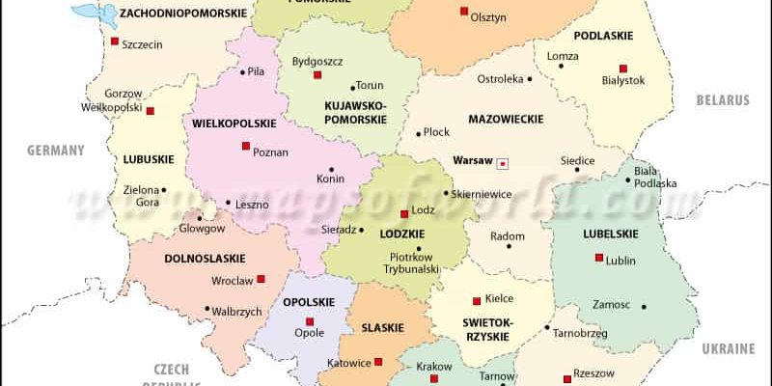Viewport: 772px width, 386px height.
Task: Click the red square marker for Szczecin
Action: click(x=115, y=41)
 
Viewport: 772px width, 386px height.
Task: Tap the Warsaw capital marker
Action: click(x=502, y=163)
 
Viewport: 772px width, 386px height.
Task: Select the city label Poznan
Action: click(x=270, y=152)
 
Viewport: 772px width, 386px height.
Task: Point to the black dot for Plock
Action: click(x=418, y=133)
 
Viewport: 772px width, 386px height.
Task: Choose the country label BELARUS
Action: click(x=725, y=99)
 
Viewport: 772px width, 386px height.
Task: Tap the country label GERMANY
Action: click(x=56, y=150)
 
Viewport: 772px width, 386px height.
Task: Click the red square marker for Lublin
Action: click(x=599, y=257)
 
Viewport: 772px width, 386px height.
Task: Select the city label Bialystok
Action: click(x=622, y=81)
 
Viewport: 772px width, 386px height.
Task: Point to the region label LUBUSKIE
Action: click(x=148, y=158)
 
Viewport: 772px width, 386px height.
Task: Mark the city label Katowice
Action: click(x=348, y=364)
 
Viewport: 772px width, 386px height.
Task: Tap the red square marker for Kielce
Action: click(x=476, y=300)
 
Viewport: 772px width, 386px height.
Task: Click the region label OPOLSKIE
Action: click(x=308, y=302)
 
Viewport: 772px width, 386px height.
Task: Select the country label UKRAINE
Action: click(x=728, y=347)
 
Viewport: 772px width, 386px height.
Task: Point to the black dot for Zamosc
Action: click(x=644, y=306)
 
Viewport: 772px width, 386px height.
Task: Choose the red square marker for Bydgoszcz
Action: click(x=317, y=74)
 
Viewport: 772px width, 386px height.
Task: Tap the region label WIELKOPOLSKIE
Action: click(x=234, y=124)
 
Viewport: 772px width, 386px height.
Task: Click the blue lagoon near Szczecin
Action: click(x=89, y=13)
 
